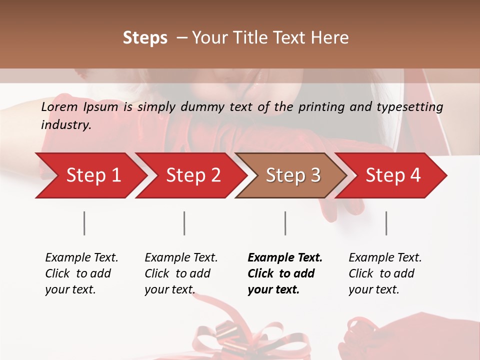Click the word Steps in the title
pos(145,38)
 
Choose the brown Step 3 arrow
pos(293,175)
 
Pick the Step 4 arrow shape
pos(393,175)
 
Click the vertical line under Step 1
pos(84,223)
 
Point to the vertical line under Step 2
pos(184,223)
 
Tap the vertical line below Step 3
pos(285,223)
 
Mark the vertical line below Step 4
pos(386,223)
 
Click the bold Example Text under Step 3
pos(285,273)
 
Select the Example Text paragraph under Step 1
pos(81,273)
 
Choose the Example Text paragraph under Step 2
pos(181,273)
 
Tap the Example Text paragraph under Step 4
pos(385,273)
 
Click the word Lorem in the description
pos(59,106)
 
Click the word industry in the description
pos(65,125)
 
